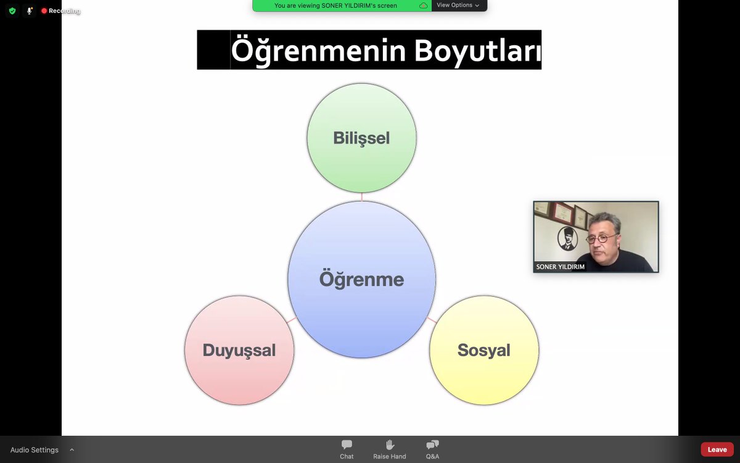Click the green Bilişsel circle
pos(361,138)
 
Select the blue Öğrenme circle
pos(361,279)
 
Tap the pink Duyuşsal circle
pos(239,350)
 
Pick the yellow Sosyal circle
pos(483,350)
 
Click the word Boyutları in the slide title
pos(478,51)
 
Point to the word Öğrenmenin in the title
pos(319,51)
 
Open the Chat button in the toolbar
pos(347,449)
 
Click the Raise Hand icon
pos(390,444)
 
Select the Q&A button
pos(432,449)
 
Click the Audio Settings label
pos(35,450)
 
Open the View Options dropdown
pos(458,6)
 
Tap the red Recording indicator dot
pos(44,11)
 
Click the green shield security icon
pos(12,11)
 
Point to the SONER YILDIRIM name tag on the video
pos(561,267)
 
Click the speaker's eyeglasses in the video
pos(604,238)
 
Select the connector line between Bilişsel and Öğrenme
pos(362,197)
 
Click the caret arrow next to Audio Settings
pos(72,450)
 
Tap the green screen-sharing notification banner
pos(336,6)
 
